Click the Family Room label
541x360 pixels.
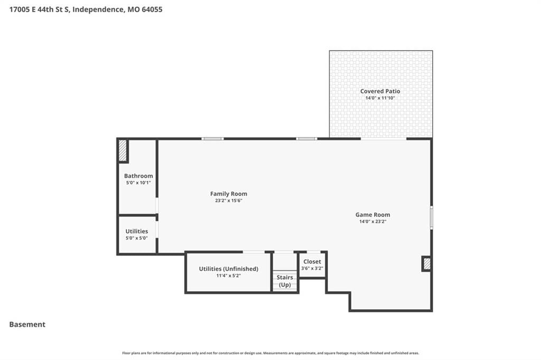coord(228,194)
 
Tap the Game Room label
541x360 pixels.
coord(372,214)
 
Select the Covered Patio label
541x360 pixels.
coord(380,91)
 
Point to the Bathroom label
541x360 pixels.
coord(138,176)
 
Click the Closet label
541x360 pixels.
coord(312,261)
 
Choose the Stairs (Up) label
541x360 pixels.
coord(285,281)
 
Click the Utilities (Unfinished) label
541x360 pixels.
coord(228,269)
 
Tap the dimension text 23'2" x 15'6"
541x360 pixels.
coord(228,201)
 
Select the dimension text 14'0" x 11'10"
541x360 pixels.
coord(380,98)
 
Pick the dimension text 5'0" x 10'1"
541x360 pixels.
coord(138,183)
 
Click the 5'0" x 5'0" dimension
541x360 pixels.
coord(137,238)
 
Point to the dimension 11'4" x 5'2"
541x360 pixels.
coord(228,276)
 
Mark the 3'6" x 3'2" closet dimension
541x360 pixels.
coord(312,268)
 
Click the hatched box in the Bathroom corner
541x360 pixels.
coord(123,150)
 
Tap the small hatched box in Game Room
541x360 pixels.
coord(427,264)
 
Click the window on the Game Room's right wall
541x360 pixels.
coord(431,217)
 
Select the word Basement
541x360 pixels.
coord(27,325)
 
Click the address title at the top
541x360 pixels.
coord(86,10)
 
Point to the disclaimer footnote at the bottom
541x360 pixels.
coord(270,353)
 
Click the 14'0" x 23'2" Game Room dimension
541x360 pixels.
coord(372,222)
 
